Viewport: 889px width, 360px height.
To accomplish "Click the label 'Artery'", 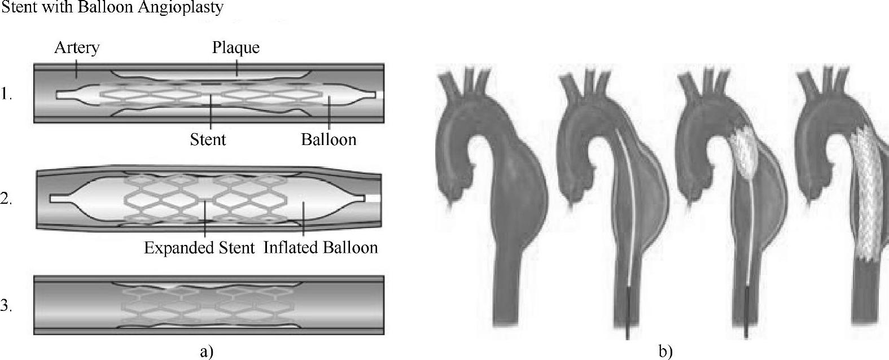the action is [x=77, y=48].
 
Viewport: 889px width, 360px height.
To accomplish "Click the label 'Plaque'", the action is [x=235, y=48].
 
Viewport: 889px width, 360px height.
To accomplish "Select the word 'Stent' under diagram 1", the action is [x=208, y=139].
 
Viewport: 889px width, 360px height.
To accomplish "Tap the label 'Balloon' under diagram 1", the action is [x=329, y=139].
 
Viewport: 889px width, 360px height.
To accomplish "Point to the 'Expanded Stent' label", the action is [x=199, y=248].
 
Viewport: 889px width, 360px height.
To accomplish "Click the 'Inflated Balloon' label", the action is [x=321, y=248].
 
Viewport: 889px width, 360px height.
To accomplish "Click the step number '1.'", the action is [x=7, y=94].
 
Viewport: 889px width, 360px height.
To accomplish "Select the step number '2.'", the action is [x=7, y=199].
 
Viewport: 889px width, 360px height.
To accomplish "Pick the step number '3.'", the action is [x=7, y=306].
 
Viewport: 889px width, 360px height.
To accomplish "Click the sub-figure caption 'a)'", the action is [x=207, y=352].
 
